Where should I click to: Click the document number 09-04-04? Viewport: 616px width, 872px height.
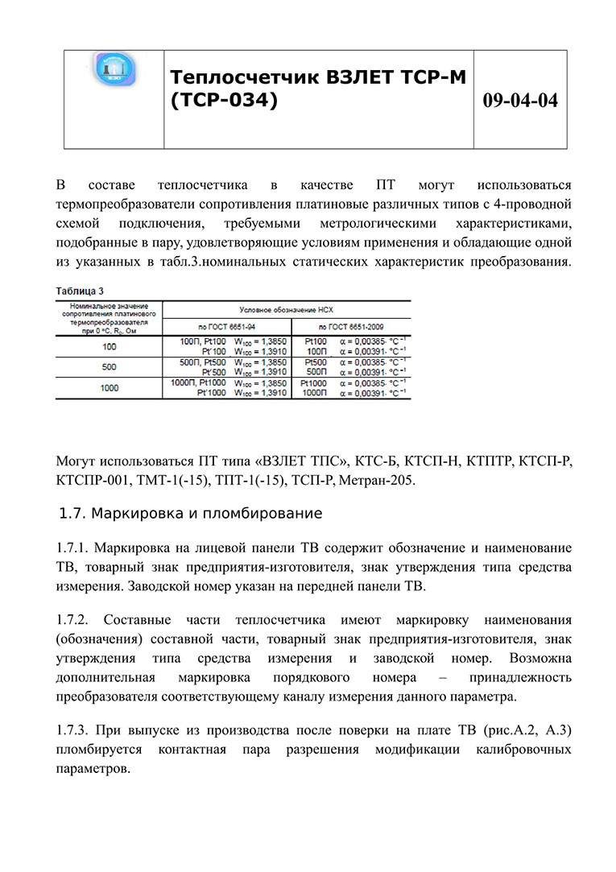pos(520,101)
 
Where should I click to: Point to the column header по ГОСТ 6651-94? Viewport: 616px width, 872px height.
pos(227,327)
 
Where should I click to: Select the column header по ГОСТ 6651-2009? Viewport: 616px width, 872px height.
pos(350,327)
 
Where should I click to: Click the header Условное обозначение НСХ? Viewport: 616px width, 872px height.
pos(286,308)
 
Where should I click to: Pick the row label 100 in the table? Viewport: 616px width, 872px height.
pos(109,347)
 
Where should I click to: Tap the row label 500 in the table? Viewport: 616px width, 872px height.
pos(109,367)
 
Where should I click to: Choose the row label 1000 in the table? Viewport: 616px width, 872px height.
pos(109,387)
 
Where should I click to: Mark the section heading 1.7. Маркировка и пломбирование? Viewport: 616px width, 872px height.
pos(192,513)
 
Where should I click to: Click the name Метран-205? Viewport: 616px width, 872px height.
pos(378,481)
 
